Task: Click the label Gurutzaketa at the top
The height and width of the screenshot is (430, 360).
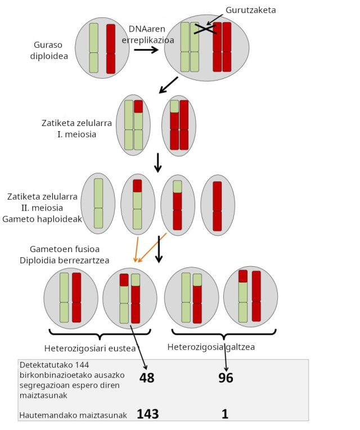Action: (250, 10)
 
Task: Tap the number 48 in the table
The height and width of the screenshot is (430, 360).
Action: (146, 378)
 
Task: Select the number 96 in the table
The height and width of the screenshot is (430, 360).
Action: (226, 378)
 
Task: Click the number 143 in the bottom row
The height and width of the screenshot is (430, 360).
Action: (147, 414)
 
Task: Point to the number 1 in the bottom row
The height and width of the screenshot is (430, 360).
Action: (225, 414)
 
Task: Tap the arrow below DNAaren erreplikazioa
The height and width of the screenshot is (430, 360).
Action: (146, 50)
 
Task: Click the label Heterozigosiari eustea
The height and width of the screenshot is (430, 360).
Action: (90, 348)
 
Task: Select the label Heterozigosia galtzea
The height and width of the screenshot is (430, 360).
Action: (211, 347)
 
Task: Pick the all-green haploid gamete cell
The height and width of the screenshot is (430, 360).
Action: (98, 203)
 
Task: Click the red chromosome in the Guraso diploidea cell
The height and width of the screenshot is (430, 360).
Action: (111, 48)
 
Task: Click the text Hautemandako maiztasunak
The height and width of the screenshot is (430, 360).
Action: (73, 415)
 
